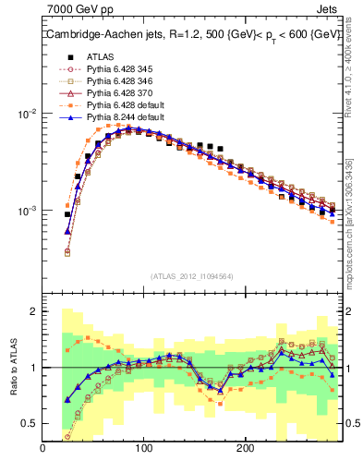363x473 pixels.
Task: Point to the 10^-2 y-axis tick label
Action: coord(25,115)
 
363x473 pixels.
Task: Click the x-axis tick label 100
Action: coord(143,449)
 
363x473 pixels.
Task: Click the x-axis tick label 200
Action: coord(244,449)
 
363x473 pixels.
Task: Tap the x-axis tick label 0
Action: coord(43,449)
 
